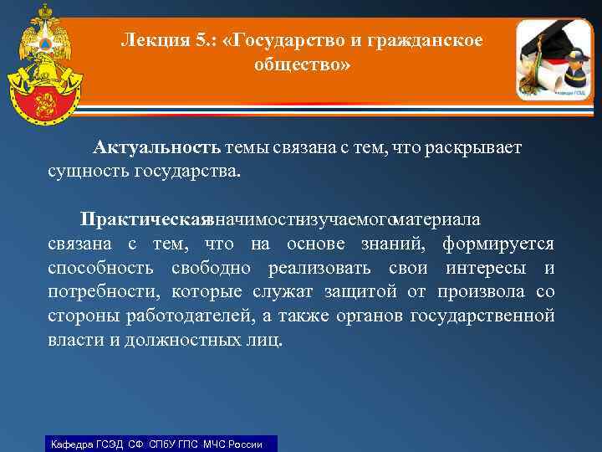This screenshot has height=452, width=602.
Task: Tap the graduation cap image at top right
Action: click(x=553, y=59)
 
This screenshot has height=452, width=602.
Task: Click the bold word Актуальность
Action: click(x=157, y=148)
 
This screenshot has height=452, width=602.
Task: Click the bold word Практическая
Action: click(x=143, y=219)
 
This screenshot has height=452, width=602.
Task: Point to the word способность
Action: click(x=99, y=268)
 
